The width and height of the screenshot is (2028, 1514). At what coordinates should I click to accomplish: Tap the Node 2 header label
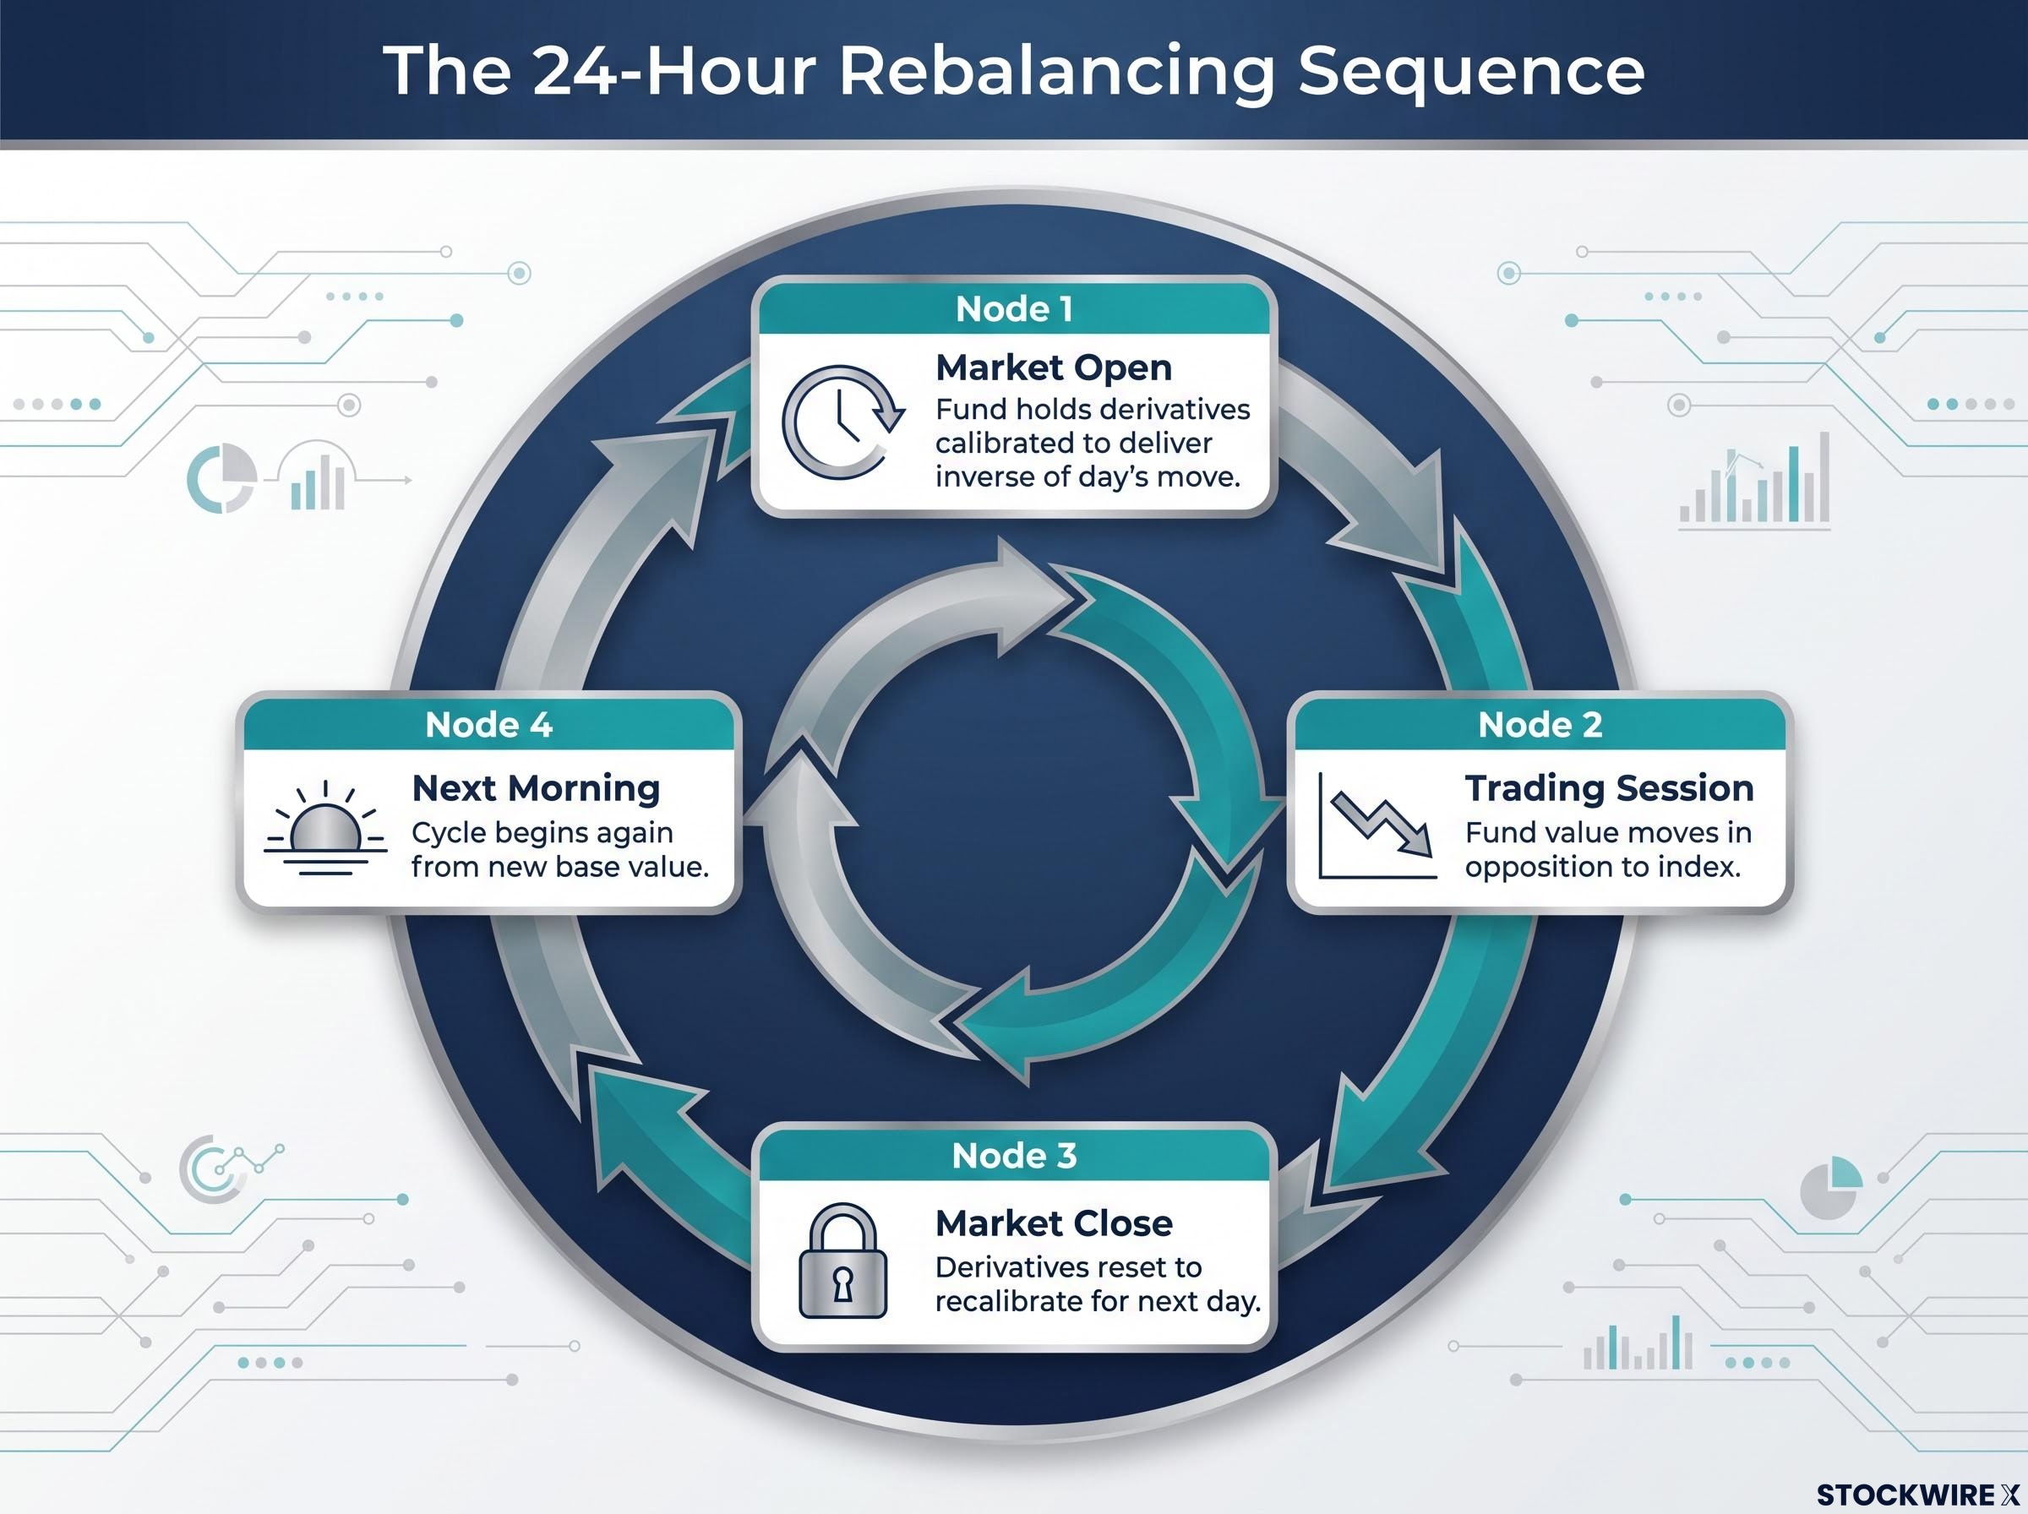(1540, 725)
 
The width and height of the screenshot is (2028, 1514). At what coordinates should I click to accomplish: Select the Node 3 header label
(1013, 1156)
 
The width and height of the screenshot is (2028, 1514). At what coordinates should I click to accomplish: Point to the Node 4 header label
(488, 725)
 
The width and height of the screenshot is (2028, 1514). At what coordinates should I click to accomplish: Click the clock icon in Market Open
(842, 422)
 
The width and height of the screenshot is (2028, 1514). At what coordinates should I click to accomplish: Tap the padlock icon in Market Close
(842, 1261)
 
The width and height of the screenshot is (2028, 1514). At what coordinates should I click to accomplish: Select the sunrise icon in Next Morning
(325, 829)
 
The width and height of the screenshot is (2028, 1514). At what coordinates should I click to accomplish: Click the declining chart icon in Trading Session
(1377, 825)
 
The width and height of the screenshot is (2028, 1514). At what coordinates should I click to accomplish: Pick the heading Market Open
(1054, 368)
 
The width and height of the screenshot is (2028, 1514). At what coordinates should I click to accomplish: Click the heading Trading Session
(1609, 788)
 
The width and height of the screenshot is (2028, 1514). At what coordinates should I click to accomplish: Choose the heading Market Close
(1054, 1223)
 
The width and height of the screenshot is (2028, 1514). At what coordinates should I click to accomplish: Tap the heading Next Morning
(536, 788)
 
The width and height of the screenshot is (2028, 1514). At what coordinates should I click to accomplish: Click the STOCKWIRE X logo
(1917, 1495)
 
